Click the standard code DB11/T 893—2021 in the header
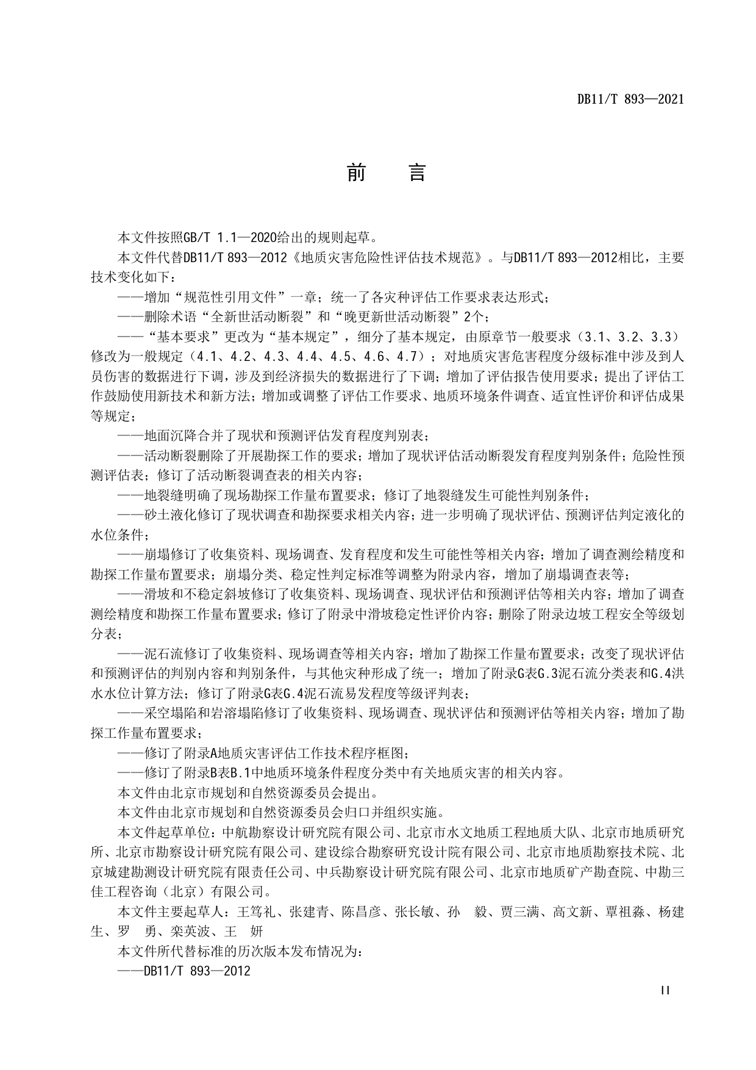pos(630,99)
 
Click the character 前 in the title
pos(357,173)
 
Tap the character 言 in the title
pos(416,173)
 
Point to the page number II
pos(665,990)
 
